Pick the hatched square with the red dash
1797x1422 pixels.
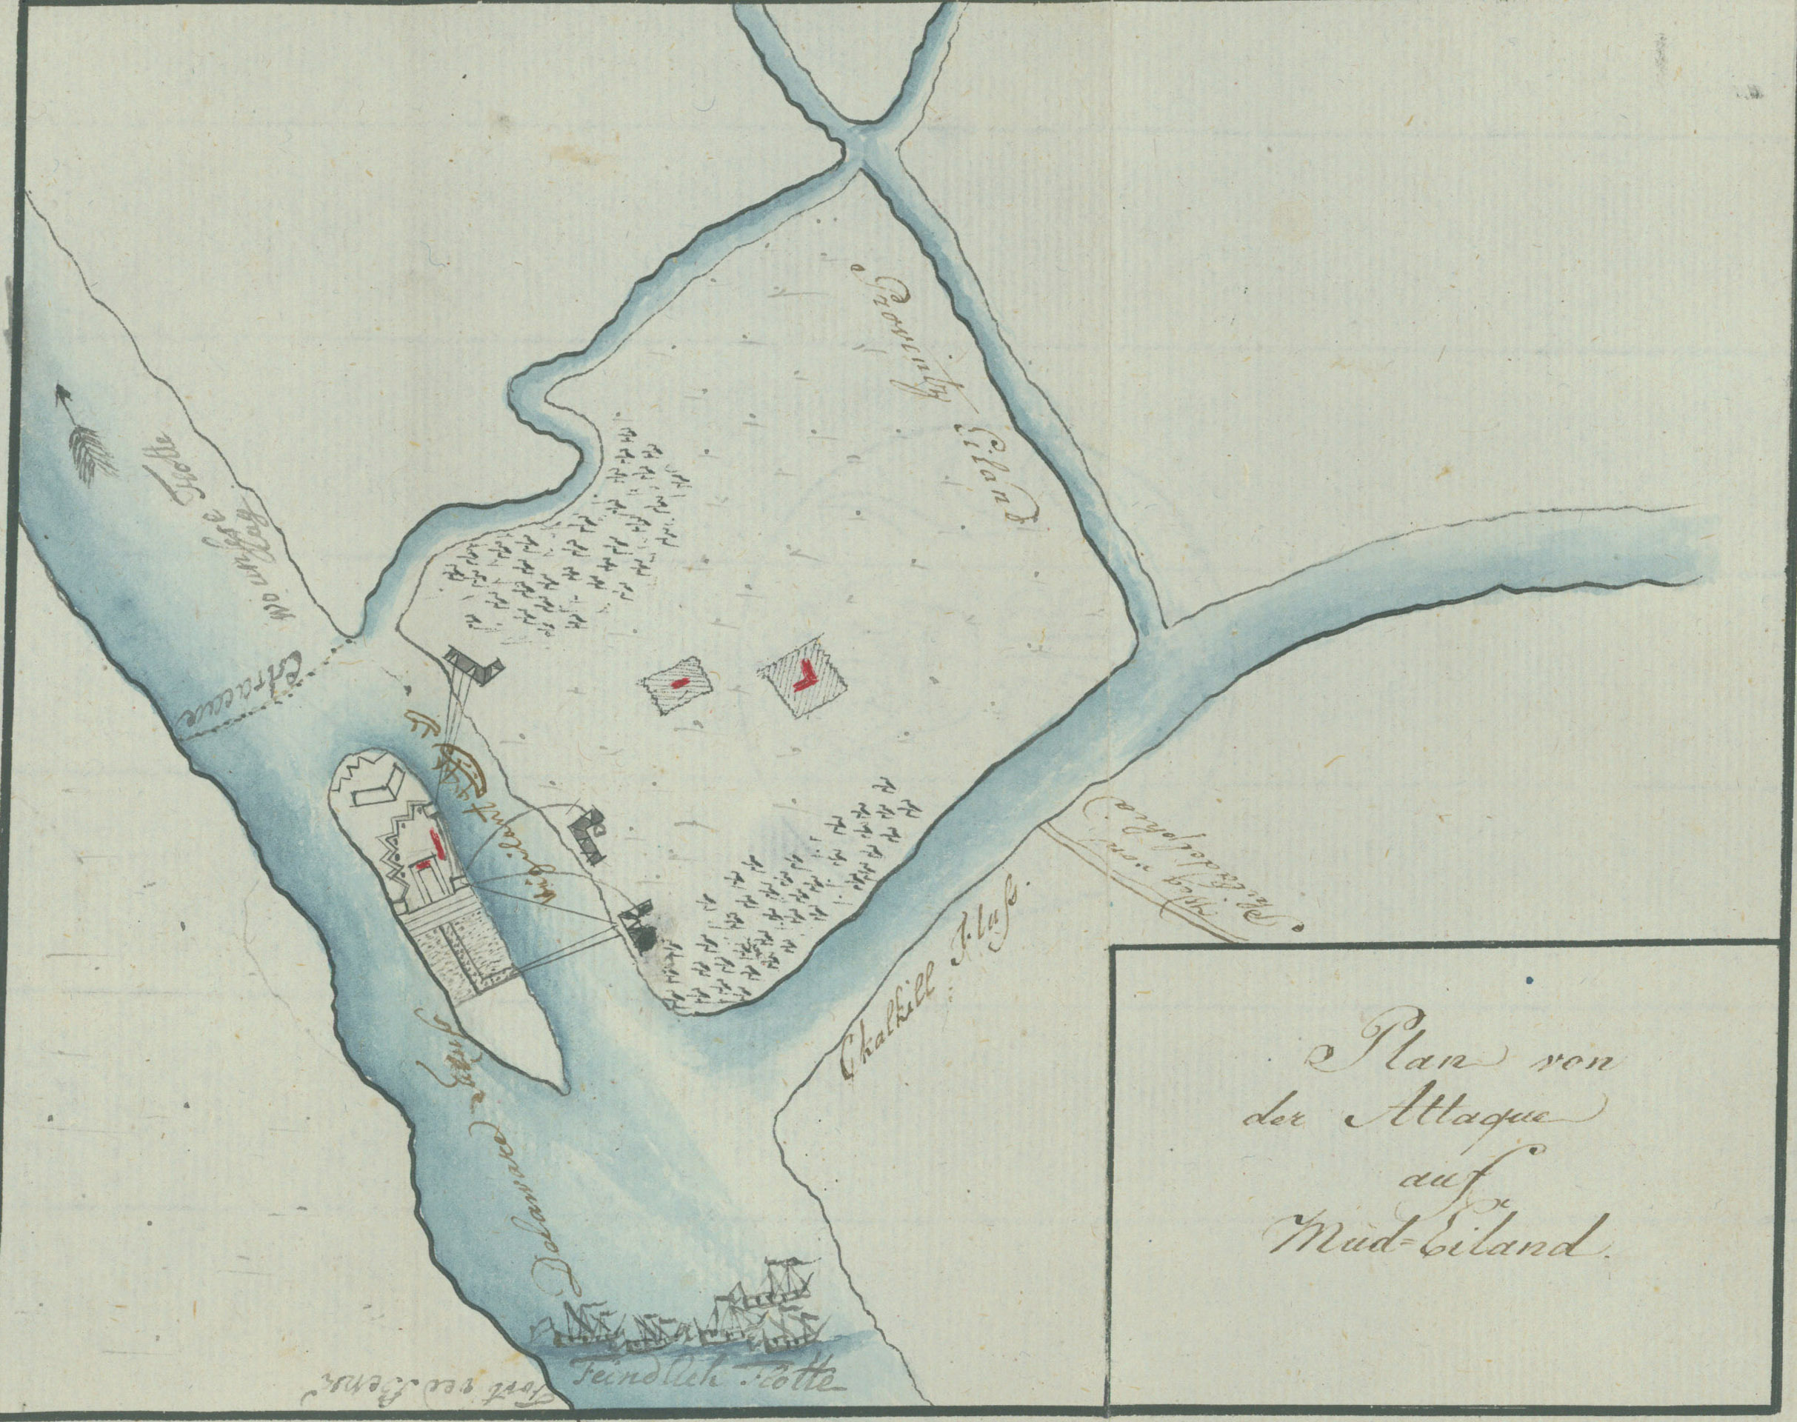[x=679, y=684]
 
